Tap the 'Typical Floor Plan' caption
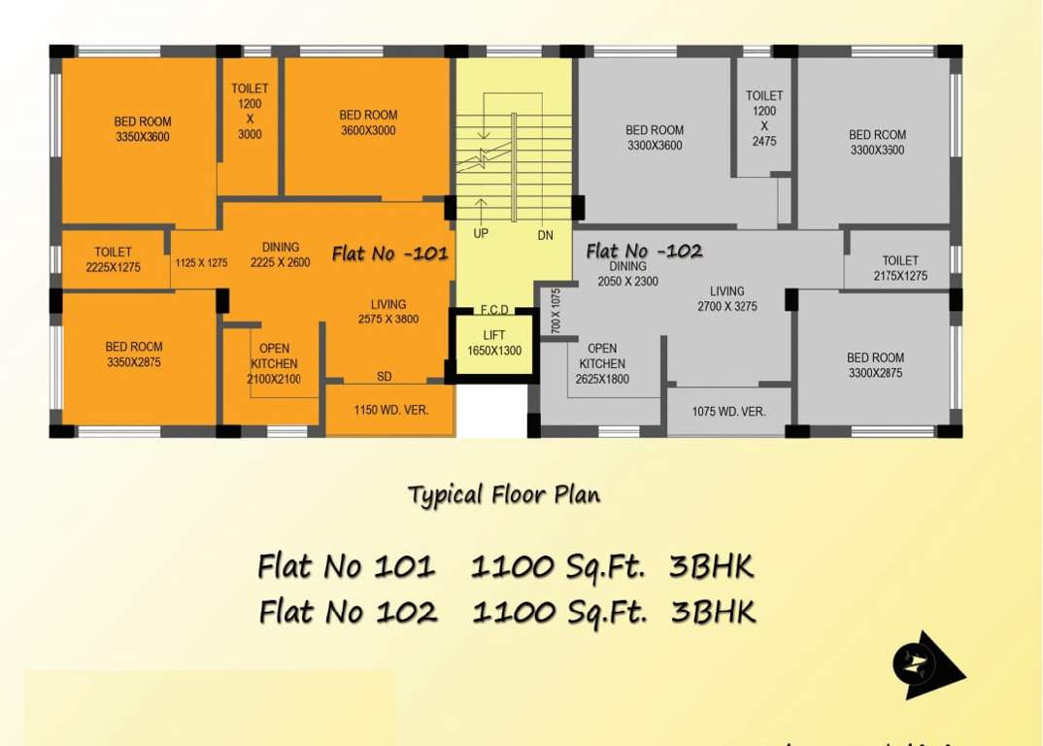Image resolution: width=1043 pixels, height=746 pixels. click(x=504, y=494)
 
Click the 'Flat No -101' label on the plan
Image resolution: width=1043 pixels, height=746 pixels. click(x=390, y=254)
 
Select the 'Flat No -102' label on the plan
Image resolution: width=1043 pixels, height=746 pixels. click(x=644, y=251)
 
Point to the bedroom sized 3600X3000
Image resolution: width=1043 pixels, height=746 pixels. click(x=368, y=122)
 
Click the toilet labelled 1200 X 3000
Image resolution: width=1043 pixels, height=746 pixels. click(x=250, y=112)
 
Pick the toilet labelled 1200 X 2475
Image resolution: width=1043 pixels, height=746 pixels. click(x=764, y=118)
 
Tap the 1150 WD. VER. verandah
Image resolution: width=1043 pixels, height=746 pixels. click(x=390, y=410)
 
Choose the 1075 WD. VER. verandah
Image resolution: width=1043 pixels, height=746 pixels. click(x=729, y=411)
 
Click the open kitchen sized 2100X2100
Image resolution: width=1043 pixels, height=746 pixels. click(x=273, y=363)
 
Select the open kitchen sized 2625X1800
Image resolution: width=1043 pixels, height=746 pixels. click(x=602, y=363)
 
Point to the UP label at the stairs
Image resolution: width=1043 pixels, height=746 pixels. click(x=481, y=234)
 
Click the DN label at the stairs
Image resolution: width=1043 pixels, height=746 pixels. click(x=546, y=235)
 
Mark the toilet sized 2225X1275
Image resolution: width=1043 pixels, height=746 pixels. click(x=113, y=259)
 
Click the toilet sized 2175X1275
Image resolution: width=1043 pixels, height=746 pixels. click(x=900, y=268)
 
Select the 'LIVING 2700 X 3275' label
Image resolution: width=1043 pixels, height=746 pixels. click(x=726, y=298)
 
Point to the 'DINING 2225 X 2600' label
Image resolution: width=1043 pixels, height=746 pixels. click(x=281, y=254)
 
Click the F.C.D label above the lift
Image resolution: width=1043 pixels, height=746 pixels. click(x=494, y=310)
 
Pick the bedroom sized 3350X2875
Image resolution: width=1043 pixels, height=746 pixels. click(x=134, y=355)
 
